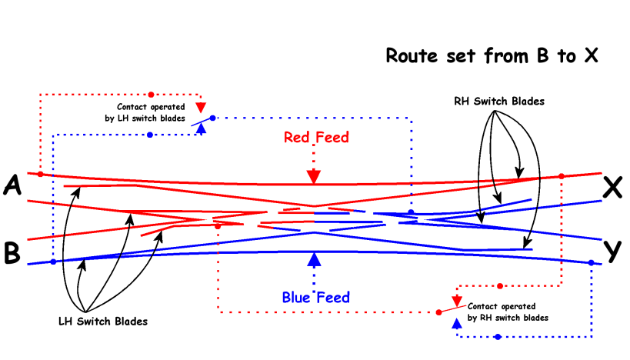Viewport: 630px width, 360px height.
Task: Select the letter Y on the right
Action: [x=612, y=251]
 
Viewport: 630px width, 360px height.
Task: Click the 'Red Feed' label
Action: [x=316, y=138]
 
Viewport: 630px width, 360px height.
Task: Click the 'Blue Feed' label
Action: [x=315, y=298]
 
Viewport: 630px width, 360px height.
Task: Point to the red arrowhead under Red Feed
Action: [x=313, y=176]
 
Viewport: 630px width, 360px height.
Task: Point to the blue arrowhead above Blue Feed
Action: [x=313, y=260]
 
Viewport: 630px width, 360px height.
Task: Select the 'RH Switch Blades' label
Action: [x=499, y=102]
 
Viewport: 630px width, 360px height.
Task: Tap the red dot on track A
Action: [x=40, y=175]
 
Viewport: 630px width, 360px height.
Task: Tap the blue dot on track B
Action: [x=53, y=262]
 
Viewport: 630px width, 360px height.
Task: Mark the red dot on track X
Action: [x=561, y=177]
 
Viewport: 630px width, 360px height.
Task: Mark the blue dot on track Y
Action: [x=591, y=263]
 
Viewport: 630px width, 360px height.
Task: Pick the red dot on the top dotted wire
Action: [x=151, y=94]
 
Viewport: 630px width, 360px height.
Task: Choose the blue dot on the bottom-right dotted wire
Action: [x=498, y=337]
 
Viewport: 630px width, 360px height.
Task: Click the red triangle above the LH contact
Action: [x=201, y=107]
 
